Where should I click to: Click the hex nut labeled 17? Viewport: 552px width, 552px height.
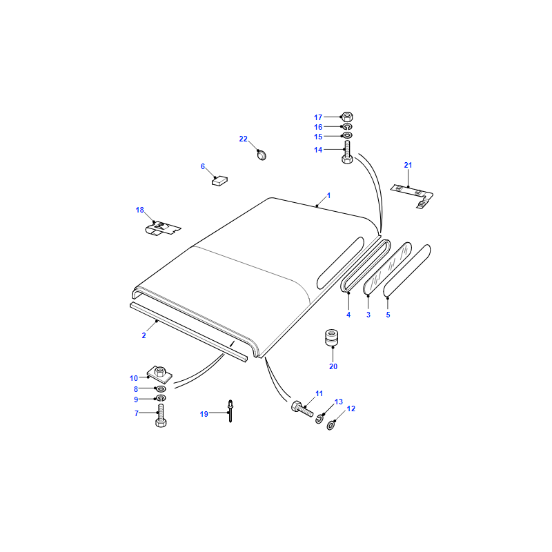tap(347, 117)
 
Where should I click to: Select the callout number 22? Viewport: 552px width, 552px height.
tap(244, 139)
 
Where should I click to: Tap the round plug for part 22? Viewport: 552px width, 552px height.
tap(262, 155)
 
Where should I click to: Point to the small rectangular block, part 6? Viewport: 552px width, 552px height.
tap(219, 181)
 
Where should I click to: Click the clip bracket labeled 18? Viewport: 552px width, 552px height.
tap(163, 228)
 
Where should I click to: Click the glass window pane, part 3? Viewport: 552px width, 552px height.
tap(387, 268)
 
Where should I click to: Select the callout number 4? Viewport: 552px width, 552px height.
tap(348, 315)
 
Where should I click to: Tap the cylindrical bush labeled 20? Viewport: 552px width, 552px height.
tap(331, 337)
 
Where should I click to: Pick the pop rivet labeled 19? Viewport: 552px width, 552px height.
tap(230, 411)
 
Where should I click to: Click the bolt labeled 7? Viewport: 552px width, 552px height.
tap(161, 416)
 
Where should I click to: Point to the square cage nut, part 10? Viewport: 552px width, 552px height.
tap(159, 374)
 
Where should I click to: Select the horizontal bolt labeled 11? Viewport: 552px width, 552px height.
tap(302, 408)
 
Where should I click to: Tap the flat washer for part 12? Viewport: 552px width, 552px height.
tap(331, 426)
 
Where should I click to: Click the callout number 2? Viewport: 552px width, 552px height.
tap(144, 335)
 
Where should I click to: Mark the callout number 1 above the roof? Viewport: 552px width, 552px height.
tap(329, 195)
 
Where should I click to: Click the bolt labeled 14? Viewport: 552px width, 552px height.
tap(347, 152)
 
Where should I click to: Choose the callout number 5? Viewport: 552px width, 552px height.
tap(388, 315)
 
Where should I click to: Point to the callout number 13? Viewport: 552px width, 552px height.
tap(339, 402)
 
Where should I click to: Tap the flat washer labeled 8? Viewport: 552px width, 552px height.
tap(161, 388)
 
